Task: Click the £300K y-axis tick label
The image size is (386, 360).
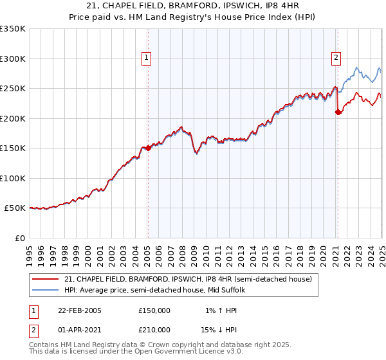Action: (x=13, y=59)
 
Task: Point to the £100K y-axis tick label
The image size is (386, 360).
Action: (x=13, y=178)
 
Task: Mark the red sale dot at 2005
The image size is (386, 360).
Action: (x=148, y=148)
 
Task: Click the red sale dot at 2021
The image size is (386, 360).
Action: (x=338, y=112)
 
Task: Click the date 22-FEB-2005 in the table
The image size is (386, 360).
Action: (x=80, y=310)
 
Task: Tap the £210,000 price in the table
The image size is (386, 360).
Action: (x=154, y=330)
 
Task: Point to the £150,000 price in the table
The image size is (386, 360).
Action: (x=154, y=310)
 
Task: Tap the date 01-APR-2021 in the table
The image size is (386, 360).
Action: (x=80, y=330)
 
